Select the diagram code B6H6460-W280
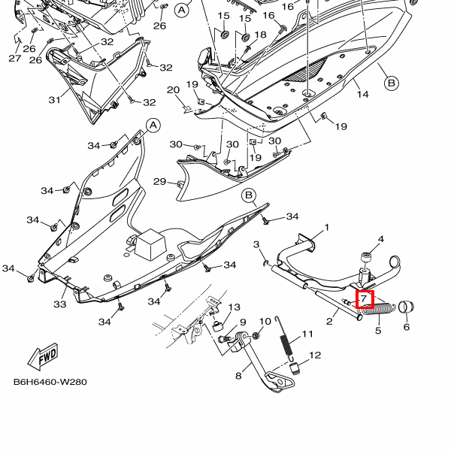click(x=50, y=382)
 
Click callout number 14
click(x=363, y=94)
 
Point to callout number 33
click(x=60, y=304)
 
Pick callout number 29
click(x=159, y=181)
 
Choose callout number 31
click(x=54, y=100)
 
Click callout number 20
click(x=173, y=91)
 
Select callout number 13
click(x=234, y=307)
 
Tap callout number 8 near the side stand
click(x=238, y=376)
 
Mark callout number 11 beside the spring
click(x=307, y=334)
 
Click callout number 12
click(x=314, y=356)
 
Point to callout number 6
click(x=406, y=327)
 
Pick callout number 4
click(x=381, y=240)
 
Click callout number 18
click(x=260, y=35)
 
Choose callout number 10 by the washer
click(x=265, y=322)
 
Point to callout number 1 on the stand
click(x=327, y=228)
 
